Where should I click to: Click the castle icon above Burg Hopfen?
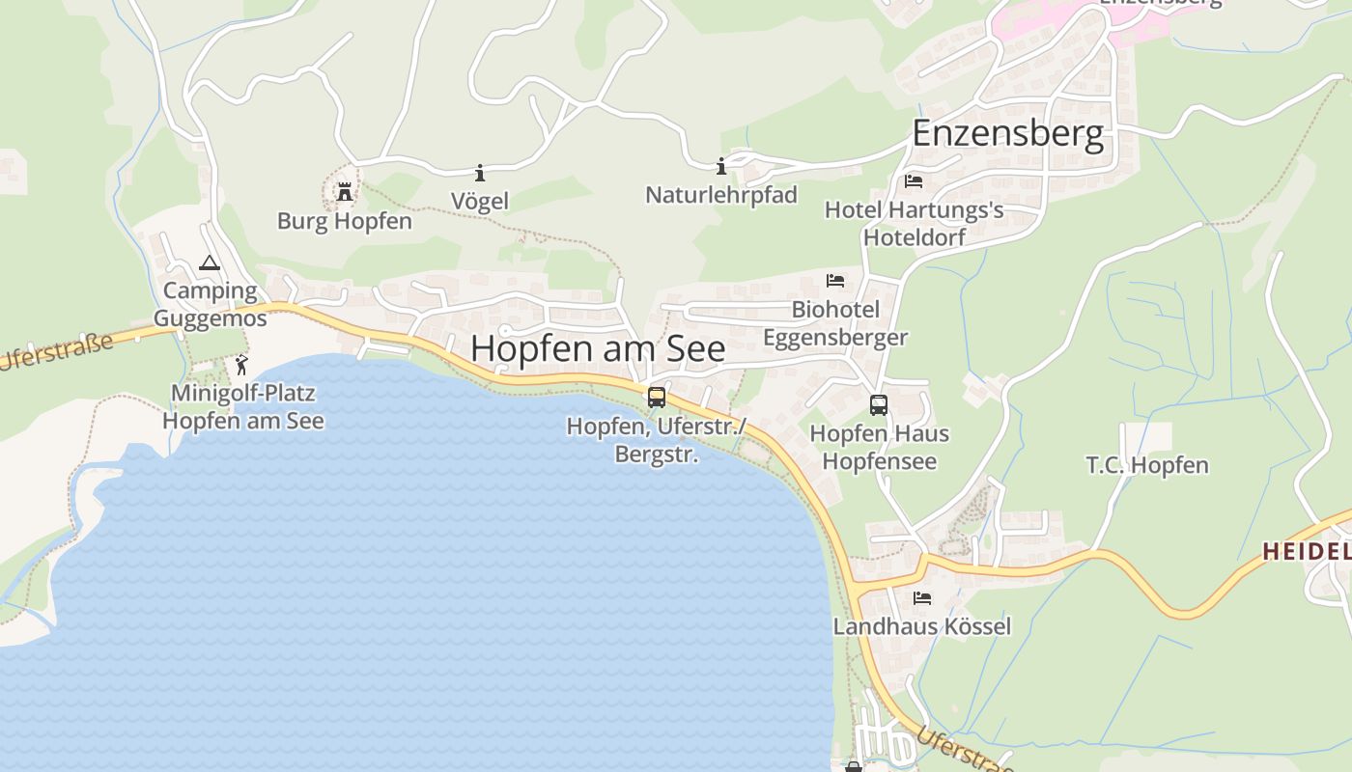click(345, 192)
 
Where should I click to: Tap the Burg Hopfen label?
click(345, 221)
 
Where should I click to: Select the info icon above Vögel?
click(480, 173)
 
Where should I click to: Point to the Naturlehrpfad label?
click(721, 195)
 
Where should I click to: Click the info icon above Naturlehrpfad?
click(720, 166)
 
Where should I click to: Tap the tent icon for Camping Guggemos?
click(210, 262)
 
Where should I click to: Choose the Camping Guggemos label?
click(210, 304)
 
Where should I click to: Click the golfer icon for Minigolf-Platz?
click(241, 365)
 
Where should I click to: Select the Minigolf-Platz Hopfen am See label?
click(243, 407)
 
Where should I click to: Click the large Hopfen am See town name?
click(598, 348)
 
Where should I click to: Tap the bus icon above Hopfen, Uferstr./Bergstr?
click(657, 397)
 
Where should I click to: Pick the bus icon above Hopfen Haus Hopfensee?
click(879, 405)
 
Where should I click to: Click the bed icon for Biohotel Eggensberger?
click(835, 281)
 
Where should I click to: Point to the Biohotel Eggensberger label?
click(835, 323)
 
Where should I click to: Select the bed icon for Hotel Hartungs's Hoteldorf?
click(914, 181)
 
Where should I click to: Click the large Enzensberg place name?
click(1007, 133)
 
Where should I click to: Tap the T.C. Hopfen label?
click(1147, 465)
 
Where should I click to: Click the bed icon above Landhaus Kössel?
click(922, 598)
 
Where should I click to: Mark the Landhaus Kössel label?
click(922, 626)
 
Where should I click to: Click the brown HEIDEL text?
click(1307, 551)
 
